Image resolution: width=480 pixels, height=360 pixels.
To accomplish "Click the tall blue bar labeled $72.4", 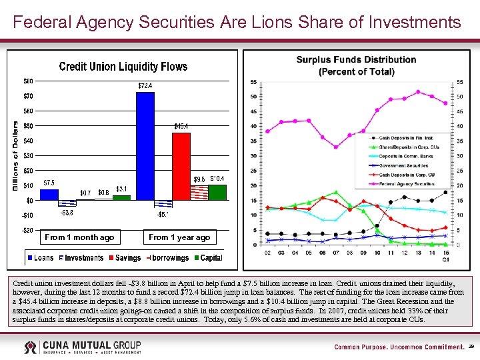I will (x=145, y=146).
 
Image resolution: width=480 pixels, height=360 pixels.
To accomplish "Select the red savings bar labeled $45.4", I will (x=181, y=166).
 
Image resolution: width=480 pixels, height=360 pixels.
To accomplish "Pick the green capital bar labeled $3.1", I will (x=121, y=197).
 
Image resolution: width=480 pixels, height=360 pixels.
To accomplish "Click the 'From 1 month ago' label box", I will (x=79, y=237).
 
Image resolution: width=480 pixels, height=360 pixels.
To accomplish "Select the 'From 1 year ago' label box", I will (x=179, y=237).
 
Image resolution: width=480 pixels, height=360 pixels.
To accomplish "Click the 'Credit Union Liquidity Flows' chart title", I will (x=123, y=67).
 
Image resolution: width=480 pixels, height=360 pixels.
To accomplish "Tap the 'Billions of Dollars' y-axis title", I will (x=15, y=155).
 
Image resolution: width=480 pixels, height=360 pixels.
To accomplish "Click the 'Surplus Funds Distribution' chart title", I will (x=356, y=59).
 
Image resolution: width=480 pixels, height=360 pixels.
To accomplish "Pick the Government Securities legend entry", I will (x=406, y=165).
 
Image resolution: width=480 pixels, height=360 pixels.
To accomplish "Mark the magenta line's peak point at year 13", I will (x=418, y=92).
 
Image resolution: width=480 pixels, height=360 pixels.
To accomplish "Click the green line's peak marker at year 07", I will (x=337, y=193).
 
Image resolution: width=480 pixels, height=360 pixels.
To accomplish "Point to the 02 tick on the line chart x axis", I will (x=267, y=252).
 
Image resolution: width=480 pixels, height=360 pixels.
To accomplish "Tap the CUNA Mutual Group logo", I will (x=83, y=347).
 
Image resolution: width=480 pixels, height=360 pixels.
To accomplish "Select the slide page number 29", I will (x=471, y=347).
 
